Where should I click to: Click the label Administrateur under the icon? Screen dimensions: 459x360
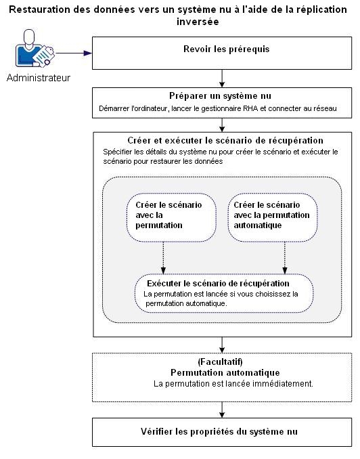point(38,77)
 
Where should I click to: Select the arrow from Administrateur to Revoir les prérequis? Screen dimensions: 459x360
point(73,53)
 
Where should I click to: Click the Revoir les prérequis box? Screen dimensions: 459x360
point(221,53)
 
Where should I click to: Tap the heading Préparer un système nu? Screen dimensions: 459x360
point(221,95)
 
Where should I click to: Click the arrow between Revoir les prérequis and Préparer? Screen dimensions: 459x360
point(221,78)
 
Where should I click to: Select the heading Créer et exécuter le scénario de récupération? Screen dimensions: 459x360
point(221,140)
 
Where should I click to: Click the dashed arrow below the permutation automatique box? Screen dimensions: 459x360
point(284,257)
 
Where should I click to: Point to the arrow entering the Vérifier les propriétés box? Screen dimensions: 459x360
point(221,410)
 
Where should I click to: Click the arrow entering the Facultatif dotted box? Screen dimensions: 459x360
point(221,344)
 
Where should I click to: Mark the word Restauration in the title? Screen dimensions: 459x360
point(42,9)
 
